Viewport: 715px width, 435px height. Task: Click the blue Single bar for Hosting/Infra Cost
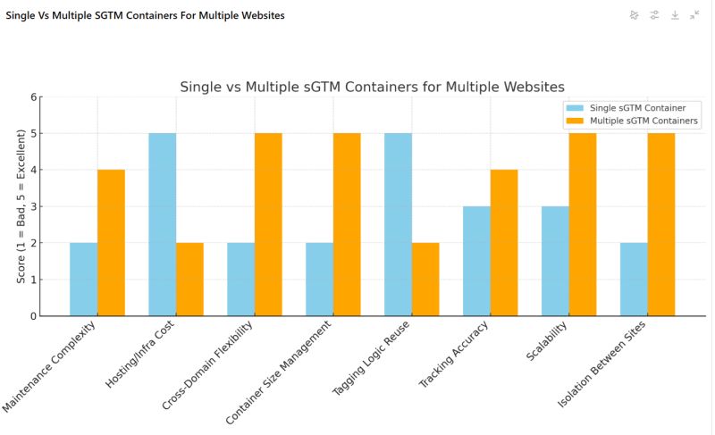[162, 224]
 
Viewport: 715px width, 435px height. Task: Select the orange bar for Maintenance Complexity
[111, 243]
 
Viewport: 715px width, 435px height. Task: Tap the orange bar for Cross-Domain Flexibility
[268, 224]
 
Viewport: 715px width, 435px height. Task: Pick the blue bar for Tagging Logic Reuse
[398, 224]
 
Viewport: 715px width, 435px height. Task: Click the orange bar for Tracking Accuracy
[504, 243]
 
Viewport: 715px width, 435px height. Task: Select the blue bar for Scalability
[555, 261]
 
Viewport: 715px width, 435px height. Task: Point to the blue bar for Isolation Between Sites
[634, 280]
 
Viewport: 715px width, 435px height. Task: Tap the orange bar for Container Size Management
[347, 224]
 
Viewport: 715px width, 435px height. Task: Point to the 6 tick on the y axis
[34, 97]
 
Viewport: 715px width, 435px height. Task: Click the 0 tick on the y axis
[34, 316]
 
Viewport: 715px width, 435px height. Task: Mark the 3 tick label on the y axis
[34, 207]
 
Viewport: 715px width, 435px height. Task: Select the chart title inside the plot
[372, 87]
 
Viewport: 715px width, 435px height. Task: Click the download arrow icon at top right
[675, 15]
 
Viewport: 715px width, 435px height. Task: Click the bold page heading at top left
[146, 15]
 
